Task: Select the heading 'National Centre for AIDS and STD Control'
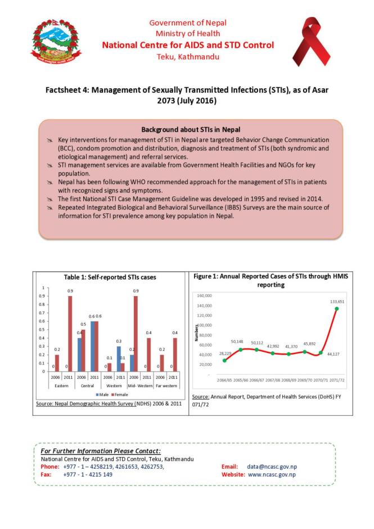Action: (188, 45)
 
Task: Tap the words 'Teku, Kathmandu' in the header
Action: (188, 57)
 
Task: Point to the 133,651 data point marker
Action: (337, 308)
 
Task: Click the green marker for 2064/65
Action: (224, 360)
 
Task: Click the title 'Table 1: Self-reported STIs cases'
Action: (110, 277)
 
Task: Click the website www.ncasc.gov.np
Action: (272, 474)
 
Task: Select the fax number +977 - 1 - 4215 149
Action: (88, 474)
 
